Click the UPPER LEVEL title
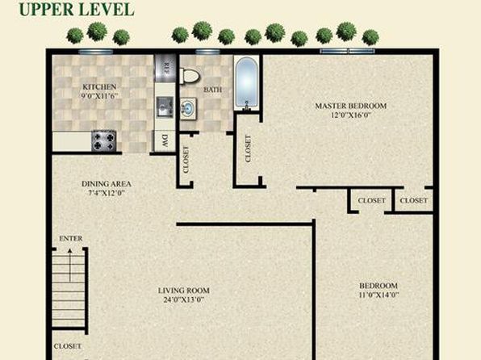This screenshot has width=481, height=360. pos(77,9)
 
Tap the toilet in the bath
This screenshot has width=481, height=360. pos(190,76)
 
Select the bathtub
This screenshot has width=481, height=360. pos(246,83)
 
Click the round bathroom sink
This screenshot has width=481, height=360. pos(188,109)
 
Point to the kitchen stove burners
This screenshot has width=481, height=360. pos(103,141)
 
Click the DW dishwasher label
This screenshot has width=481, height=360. pos(165,140)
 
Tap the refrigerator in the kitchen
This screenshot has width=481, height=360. pos(165,68)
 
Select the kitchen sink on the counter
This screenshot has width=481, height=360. pos(165,107)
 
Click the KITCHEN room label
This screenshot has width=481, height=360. pos(99,87)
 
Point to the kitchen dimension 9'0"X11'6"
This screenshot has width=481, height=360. pos(100,96)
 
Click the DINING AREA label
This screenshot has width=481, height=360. pos(107,184)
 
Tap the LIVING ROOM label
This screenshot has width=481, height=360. pos(184,291)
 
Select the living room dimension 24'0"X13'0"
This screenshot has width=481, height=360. pos(184,299)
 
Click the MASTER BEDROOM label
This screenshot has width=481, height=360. pos(351,106)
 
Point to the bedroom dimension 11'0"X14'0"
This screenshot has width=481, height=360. pos(379,295)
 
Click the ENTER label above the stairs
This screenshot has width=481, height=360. pos(71,238)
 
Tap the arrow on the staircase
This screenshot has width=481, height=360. pos(70,266)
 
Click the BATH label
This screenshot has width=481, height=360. pos(212,90)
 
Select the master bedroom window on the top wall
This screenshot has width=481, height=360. pos(347,51)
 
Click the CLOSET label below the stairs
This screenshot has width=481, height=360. pos(68,346)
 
